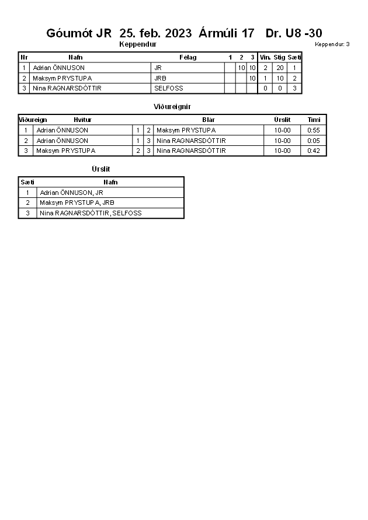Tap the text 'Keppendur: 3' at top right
pyautogui.click(x=332, y=44)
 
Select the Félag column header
pyautogui.click(x=188, y=57)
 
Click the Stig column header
pyautogui.click(x=279, y=57)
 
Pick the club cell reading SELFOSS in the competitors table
pyautogui.click(x=168, y=88)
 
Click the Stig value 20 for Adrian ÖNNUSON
pyautogui.click(x=280, y=68)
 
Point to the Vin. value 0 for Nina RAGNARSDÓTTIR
pyautogui.click(x=265, y=88)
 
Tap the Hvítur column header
pyautogui.click(x=82, y=120)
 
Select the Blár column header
pyautogui.click(x=209, y=120)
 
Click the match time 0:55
pyautogui.click(x=314, y=130)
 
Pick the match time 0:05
pyautogui.click(x=314, y=141)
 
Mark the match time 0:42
pyautogui.click(x=314, y=151)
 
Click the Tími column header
pyautogui.click(x=314, y=120)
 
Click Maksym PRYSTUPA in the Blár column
pyautogui.click(x=186, y=130)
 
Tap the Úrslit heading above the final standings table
pyautogui.click(x=100, y=169)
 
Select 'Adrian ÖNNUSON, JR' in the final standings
pyautogui.click(x=71, y=193)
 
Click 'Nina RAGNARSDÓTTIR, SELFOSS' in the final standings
pyautogui.click(x=91, y=213)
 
